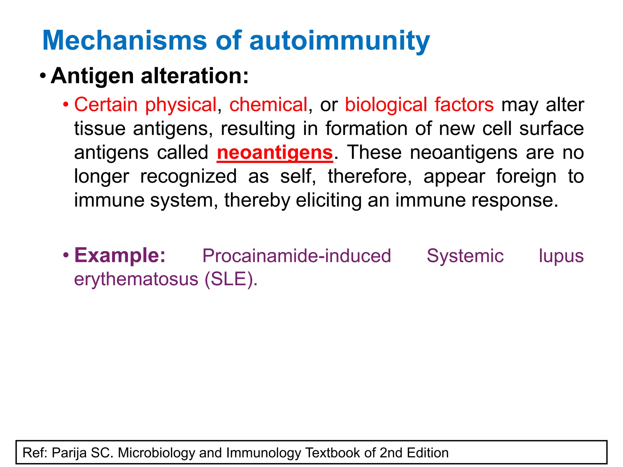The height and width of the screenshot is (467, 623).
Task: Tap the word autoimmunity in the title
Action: click(x=339, y=41)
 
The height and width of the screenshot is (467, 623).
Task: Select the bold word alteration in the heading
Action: click(x=195, y=76)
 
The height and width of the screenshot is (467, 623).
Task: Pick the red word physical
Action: click(x=181, y=105)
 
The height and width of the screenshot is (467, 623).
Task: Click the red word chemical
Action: click(x=268, y=105)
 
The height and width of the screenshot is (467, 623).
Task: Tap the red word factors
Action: click(x=464, y=105)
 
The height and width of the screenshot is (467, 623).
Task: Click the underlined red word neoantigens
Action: click(x=275, y=153)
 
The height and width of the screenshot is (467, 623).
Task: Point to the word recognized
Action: click(x=188, y=176)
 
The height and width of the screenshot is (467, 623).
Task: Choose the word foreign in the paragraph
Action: click(x=526, y=176)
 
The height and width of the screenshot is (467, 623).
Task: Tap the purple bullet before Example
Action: click(x=65, y=255)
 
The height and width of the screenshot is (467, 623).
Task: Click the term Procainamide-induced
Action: click(x=297, y=256)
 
